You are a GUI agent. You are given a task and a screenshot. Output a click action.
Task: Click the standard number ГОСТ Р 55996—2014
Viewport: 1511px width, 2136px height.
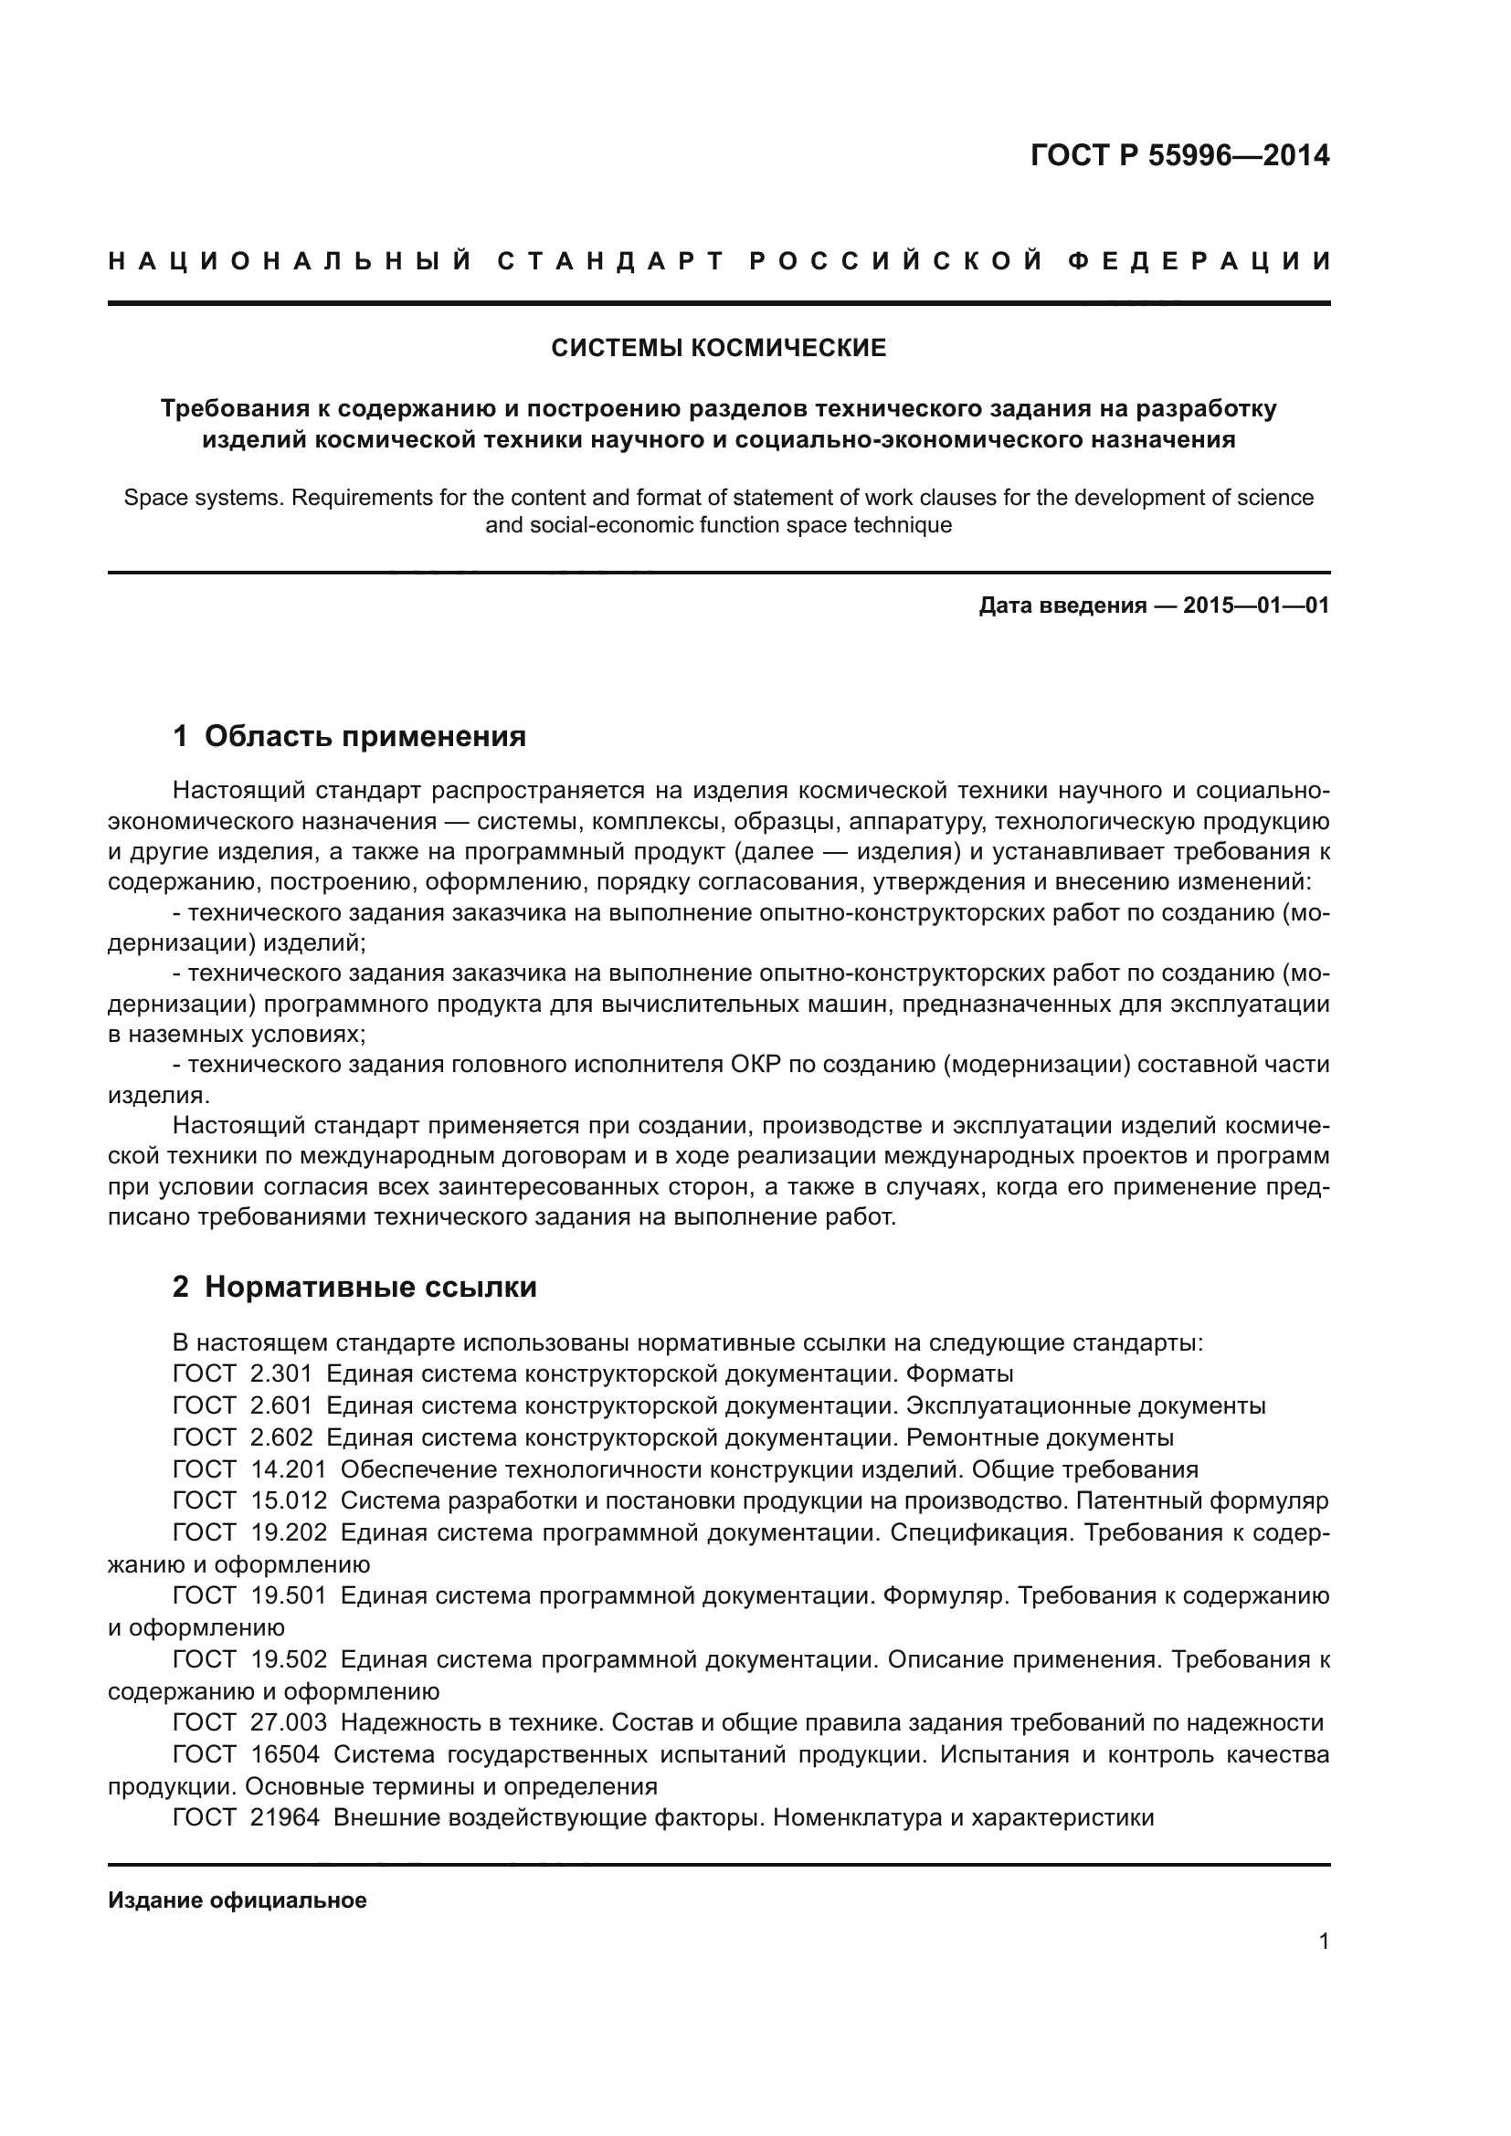point(1178,155)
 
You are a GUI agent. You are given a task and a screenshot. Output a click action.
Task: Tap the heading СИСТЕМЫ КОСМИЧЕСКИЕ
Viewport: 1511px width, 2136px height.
point(718,349)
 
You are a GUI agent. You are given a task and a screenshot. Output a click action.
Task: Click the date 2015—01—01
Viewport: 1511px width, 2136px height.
point(1255,606)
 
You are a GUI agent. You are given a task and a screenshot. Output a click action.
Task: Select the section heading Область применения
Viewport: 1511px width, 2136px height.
point(365,737)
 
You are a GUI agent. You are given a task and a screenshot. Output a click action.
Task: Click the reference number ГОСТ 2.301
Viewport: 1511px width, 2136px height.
point(242,1374)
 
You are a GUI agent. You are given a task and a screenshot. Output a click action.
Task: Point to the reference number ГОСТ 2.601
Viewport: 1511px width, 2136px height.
point(242,1405)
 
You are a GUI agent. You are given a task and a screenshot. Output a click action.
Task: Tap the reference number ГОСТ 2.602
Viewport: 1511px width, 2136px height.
point(242,1437)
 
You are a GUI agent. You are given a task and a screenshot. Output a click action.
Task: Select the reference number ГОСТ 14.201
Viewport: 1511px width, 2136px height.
point(249,1470)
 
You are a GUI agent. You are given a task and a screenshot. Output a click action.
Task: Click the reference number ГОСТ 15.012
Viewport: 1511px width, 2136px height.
point(249,1501)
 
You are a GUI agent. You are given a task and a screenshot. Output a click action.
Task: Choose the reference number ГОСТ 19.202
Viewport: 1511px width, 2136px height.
point(249,1533)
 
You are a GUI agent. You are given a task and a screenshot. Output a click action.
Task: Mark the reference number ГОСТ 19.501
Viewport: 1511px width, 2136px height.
point(249,1596)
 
